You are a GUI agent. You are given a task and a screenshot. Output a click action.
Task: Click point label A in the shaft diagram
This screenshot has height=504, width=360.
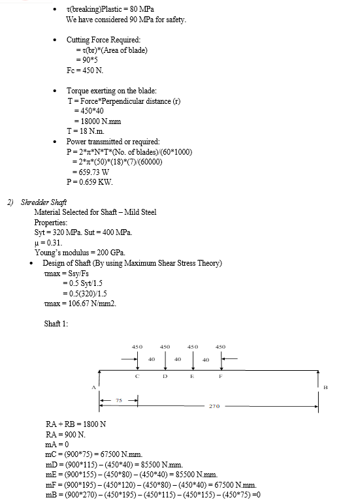click(93, 387)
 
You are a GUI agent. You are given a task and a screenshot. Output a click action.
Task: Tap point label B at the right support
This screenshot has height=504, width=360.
click(325, 387)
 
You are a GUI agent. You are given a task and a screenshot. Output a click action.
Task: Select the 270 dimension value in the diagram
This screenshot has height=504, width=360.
click(214, 406)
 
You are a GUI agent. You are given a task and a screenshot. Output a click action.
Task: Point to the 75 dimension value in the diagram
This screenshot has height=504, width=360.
click(119, 400)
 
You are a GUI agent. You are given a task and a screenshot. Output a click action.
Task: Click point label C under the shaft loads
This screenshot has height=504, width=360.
click(137, 376)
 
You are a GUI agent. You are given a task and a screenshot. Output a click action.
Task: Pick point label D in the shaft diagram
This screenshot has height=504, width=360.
click(165, 376)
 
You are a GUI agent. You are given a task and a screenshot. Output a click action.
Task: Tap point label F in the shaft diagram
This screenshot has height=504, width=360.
click(221, 376)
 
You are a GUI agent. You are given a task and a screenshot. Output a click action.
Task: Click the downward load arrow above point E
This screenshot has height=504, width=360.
click(193, 361)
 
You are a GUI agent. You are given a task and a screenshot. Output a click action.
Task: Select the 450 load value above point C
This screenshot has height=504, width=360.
click(137, 347)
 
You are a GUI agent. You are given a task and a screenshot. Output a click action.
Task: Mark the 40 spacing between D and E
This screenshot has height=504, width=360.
click(178, 359)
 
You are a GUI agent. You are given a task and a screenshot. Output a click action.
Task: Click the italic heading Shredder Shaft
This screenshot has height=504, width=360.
click(44, 202)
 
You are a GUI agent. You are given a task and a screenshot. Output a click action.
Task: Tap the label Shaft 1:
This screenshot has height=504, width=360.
click(56, 323)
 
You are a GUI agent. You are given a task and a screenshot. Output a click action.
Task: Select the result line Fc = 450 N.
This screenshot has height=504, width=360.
click(85, 71)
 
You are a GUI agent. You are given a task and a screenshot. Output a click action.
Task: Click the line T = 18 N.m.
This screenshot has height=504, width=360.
click(86, 131)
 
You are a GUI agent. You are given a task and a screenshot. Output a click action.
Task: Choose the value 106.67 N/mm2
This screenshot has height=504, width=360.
click(92, 304)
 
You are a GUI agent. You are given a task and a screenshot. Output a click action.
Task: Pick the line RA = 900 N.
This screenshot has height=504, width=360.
click(65, 435)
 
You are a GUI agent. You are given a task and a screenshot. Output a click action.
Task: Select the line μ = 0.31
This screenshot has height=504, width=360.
click(48, 243)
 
